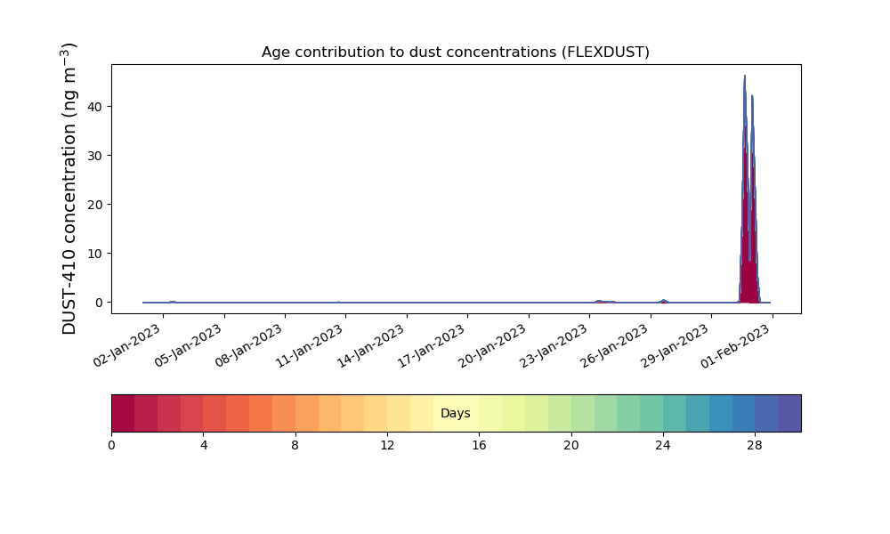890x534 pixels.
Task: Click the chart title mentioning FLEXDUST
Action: pyautogui.click(x=455, y=53)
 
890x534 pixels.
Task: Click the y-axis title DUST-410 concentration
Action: pyautogui.click(x=69, y=189)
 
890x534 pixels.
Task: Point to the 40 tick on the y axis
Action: pyautogui.click(x=95, y=107)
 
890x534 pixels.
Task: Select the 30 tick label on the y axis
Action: pyautogui.click(x=95, y=156)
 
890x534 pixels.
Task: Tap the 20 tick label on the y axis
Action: pyautogui.click(x=95, y=205)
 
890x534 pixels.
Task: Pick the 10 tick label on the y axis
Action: pyautogui.click(x=95, y=253)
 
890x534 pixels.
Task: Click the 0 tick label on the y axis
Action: pyautogui.click(x=100, y=303)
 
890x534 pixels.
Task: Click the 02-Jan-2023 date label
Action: pyautogui.click(x=127, y=346)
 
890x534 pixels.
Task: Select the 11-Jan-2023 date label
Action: pyautogui.click(x=310, y=346)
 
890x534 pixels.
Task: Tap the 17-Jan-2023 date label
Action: pyautogui.click(x=432, y=346)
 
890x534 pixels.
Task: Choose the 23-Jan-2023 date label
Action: pyautogui.click(x=554, y=346)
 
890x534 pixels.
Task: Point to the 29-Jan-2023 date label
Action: pyautogui.click(x=676, y=346)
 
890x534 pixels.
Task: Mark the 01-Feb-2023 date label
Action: pyautogui.click(x=736, y=346)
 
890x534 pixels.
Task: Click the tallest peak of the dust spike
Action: pyautogui.click(x=745, y=76)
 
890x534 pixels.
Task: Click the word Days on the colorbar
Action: pyautogui.click(x=455, y=413)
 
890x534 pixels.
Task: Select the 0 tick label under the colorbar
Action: pyautogui.click(x=111, y=446)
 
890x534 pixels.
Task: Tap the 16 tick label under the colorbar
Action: pyautogui.click(x=479, y=446)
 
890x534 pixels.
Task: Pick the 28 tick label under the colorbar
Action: pyautogui.click(x=755, y=446)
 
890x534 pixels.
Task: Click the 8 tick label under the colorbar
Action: pyautogui.click(x=295, y=446)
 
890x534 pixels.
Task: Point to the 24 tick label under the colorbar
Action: pyautogui.click(x=662, y=446)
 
